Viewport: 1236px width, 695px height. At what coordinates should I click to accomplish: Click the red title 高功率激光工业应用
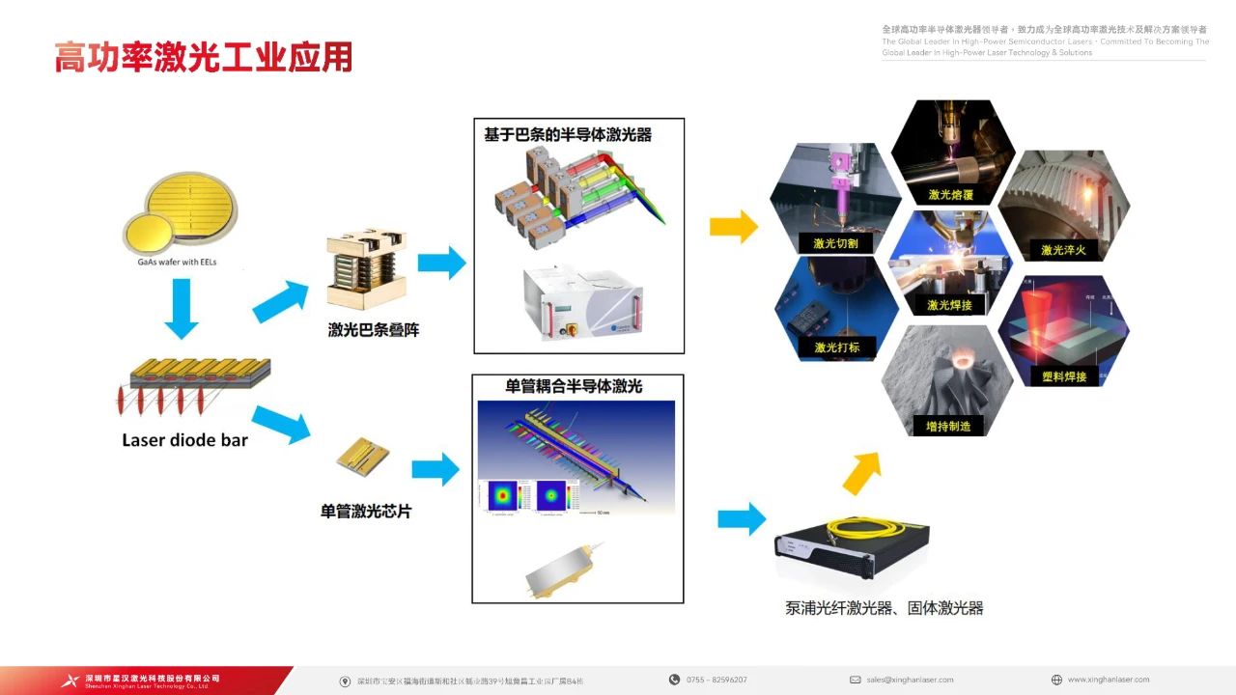click(x=203, y=57)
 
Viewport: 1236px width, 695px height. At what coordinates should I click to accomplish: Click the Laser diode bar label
click(x=184, y=440)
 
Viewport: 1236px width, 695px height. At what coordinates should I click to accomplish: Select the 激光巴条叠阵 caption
click(x=374, y=330)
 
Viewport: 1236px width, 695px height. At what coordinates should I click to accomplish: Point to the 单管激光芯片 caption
click(x=366, y=511)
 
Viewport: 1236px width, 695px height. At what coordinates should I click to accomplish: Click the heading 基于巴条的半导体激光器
click(x=568, y=135)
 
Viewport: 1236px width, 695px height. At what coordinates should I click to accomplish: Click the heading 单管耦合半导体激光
click(x=574, y=386)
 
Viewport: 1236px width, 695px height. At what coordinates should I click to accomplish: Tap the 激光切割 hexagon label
click(x=835, y=243)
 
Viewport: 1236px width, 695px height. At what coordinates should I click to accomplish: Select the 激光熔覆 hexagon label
click(x=951, y=194)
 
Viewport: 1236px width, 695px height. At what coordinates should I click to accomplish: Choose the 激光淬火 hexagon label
click(x=1063, y=250)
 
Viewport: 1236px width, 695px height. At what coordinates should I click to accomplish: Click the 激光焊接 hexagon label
click(x=949, y=305)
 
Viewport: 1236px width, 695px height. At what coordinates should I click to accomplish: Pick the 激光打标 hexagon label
click(x=836, y=347)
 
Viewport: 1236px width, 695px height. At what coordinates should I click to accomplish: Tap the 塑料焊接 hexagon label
click(x=1063, y=375)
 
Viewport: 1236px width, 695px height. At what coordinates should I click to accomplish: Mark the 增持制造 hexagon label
click(x=947, y=425)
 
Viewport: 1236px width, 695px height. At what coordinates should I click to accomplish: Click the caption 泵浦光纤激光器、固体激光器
click(x=884, y=608)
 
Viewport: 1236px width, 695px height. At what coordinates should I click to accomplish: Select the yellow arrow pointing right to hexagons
click(x=733, y=228)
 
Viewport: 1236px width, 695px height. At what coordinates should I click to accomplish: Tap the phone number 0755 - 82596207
click(x=716, y=680)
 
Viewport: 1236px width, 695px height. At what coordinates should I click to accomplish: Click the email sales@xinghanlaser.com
click(x=910, y=680)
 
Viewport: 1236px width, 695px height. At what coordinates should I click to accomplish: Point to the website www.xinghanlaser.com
click(x=1109, y=680)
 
